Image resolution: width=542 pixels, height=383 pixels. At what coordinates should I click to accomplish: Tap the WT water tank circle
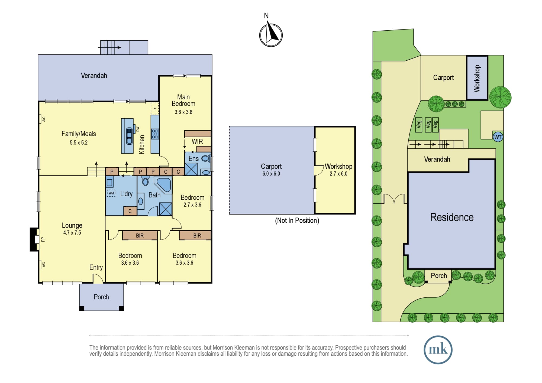tap(498, 137)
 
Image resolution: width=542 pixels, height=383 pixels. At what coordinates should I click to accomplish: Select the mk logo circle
tap(438, 350)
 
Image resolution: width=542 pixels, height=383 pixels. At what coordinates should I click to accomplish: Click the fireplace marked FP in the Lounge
tap(34, 239)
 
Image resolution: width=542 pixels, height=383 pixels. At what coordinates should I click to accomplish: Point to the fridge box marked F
tap(155, 109)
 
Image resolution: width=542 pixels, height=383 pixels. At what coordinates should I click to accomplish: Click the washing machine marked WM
tap(111, 193)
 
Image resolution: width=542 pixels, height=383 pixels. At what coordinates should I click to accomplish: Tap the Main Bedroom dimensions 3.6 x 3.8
tap(183, 112)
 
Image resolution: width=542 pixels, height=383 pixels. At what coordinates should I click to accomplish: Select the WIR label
tap(197, 141)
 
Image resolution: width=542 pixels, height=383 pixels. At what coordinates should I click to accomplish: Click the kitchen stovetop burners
tap(155, 134)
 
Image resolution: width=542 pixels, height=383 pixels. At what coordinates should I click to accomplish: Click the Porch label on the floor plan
tap(101, 297)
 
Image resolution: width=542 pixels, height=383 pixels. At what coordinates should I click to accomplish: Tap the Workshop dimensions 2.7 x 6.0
tap(338, 174)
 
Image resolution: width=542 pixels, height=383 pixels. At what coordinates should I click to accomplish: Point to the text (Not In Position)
tap(297, 220)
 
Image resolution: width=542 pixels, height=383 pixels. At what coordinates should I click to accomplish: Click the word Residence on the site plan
tap(452, 217)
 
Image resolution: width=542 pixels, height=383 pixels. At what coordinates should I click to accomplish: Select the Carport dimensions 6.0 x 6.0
tap(271, 174)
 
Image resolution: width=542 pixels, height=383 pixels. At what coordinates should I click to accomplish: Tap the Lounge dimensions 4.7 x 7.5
tap(72, 233)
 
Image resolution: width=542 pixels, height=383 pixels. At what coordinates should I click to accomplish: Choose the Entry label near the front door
tap(96, 268)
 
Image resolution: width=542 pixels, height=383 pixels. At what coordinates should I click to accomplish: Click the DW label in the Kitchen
tap(138, 129)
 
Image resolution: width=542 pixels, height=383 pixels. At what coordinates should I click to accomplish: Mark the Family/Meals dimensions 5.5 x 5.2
tap(79, 143)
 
